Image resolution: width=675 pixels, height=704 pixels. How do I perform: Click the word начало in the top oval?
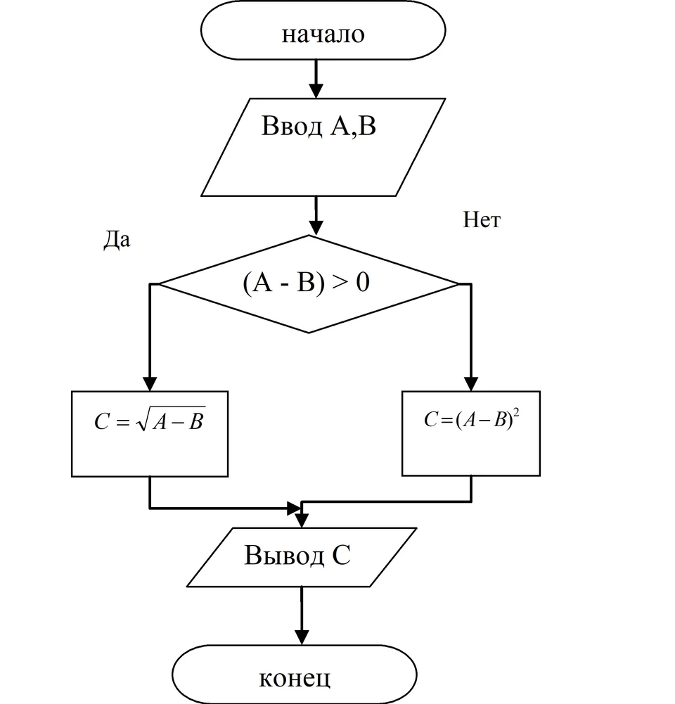323,34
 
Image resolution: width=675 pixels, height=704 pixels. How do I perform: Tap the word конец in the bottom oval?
295,679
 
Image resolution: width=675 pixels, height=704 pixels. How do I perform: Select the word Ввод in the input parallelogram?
292,126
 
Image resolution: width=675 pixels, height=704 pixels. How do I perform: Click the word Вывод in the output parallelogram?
284,555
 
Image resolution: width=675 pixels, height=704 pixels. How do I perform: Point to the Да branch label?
117,239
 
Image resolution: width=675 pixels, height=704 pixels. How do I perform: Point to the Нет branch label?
482,219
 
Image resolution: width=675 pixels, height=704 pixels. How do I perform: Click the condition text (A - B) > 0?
306,283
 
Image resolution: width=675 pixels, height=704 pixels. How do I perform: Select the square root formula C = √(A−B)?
150,420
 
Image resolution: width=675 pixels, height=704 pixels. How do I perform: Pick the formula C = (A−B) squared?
472,419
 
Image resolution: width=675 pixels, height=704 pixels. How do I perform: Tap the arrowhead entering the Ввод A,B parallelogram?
316,91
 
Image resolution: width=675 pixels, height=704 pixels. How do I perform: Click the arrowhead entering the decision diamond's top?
316,228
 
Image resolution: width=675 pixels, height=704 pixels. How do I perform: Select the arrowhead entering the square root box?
150,384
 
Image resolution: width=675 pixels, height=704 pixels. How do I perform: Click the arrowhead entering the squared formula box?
471,384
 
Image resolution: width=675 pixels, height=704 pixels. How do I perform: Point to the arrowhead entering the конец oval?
302,638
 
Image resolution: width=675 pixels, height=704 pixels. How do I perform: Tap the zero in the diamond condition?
363,283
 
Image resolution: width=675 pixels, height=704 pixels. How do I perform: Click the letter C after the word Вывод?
341,556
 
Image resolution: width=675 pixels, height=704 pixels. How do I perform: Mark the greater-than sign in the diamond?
340,283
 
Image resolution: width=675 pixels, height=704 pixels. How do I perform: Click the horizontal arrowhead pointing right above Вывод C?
295,508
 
